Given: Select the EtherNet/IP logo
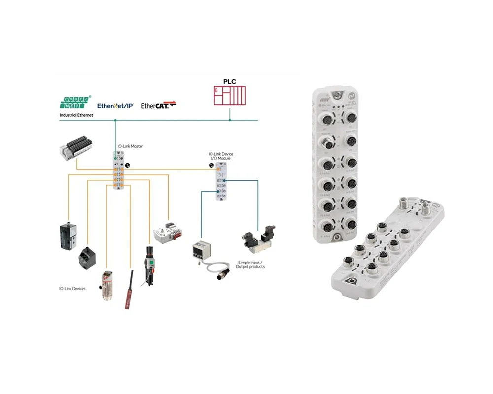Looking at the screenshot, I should click(x=115, y=105).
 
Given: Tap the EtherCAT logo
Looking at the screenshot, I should click(x=158, y=105).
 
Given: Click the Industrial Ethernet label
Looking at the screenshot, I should click(x=76, y=115).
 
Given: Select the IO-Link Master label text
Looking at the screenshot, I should click(x=130, y=147).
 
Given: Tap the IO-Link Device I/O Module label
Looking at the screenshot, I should click(x=220, y=156).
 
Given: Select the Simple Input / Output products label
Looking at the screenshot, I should click(x=251, y=264).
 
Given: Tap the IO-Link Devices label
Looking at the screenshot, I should click(x=72, y=288).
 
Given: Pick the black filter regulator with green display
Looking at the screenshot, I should click(x=148, y=264).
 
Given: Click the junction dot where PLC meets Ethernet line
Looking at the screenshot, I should click(x=230, y=120).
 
